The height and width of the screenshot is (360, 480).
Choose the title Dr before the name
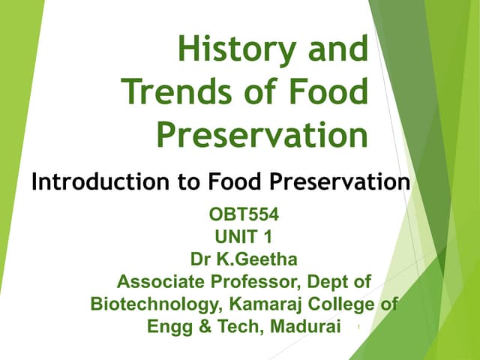click(201, 260)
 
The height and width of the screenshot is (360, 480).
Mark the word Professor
click(251, 283)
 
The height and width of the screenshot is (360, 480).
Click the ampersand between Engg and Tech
click(200, 327)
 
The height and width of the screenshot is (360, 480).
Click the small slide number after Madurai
click(359, 328)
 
